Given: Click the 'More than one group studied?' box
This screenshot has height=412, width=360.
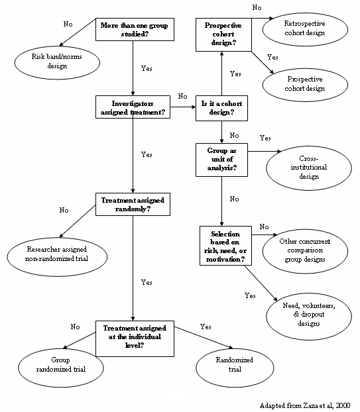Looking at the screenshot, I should pyautogui.click(x=133, y=30).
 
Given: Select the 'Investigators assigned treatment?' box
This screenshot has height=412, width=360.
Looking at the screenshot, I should pyautogui.click(x=133, y=107).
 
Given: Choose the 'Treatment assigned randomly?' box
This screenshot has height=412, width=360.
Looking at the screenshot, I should pyautogui.click(x=133, y=204).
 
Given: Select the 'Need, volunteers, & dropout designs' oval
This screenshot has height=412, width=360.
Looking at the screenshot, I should pyautogui.click(x=308, y=315).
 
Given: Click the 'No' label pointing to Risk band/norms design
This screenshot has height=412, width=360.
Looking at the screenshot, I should pyautogui.click(x=68, y=24).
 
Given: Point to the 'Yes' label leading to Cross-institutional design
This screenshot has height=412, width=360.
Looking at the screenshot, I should pyautogui.click(x=265, y=138).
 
